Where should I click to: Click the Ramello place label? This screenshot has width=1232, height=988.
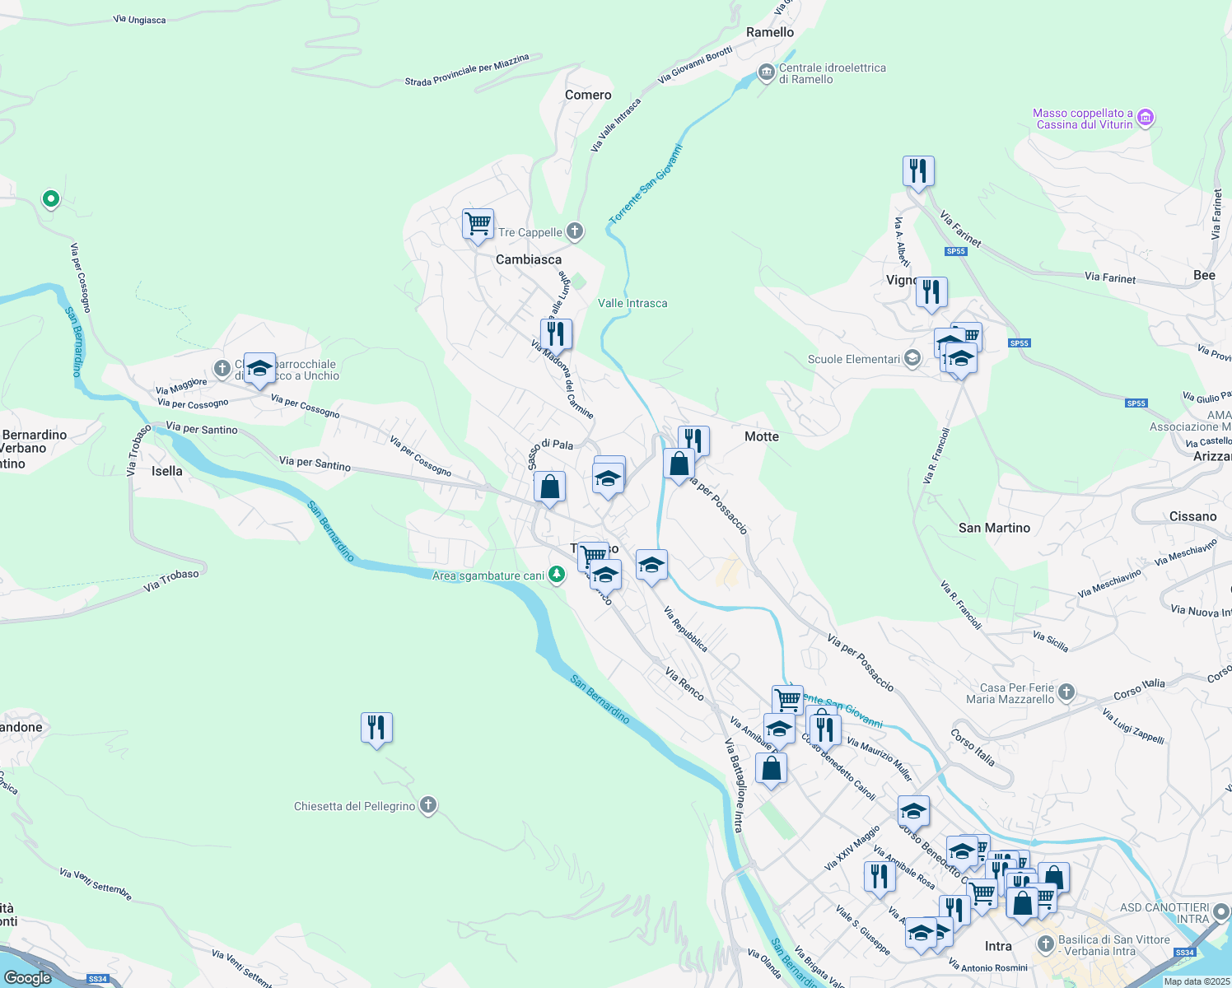[770, 32]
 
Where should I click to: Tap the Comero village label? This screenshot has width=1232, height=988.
[588, 95]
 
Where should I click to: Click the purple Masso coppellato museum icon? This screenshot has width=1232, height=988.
[1146, 119]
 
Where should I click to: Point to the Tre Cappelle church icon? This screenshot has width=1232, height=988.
[575, 232]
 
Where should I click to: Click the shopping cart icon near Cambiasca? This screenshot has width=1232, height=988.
[478, 224]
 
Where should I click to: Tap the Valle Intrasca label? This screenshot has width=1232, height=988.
[632, 303]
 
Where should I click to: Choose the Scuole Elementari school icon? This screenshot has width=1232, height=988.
[912, 359]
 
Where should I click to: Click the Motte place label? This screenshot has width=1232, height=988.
[762, 436]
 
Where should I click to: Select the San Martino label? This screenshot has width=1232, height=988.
[994, 528]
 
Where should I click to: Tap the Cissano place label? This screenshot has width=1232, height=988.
[1192, 516]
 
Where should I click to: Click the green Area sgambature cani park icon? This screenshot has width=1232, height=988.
[557, 575]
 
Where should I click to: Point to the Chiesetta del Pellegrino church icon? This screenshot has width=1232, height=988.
[428, 805]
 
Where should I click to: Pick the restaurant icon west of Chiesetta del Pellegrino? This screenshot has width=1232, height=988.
[376, 728]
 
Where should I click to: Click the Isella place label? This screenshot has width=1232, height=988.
[166, 471]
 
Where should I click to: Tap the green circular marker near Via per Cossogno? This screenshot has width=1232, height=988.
[51, 198]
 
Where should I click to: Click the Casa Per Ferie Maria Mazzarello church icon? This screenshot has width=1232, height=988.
[1066, 692]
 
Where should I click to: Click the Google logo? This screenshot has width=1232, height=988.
[27, 978]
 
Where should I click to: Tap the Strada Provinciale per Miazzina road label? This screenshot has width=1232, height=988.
[467, 71]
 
